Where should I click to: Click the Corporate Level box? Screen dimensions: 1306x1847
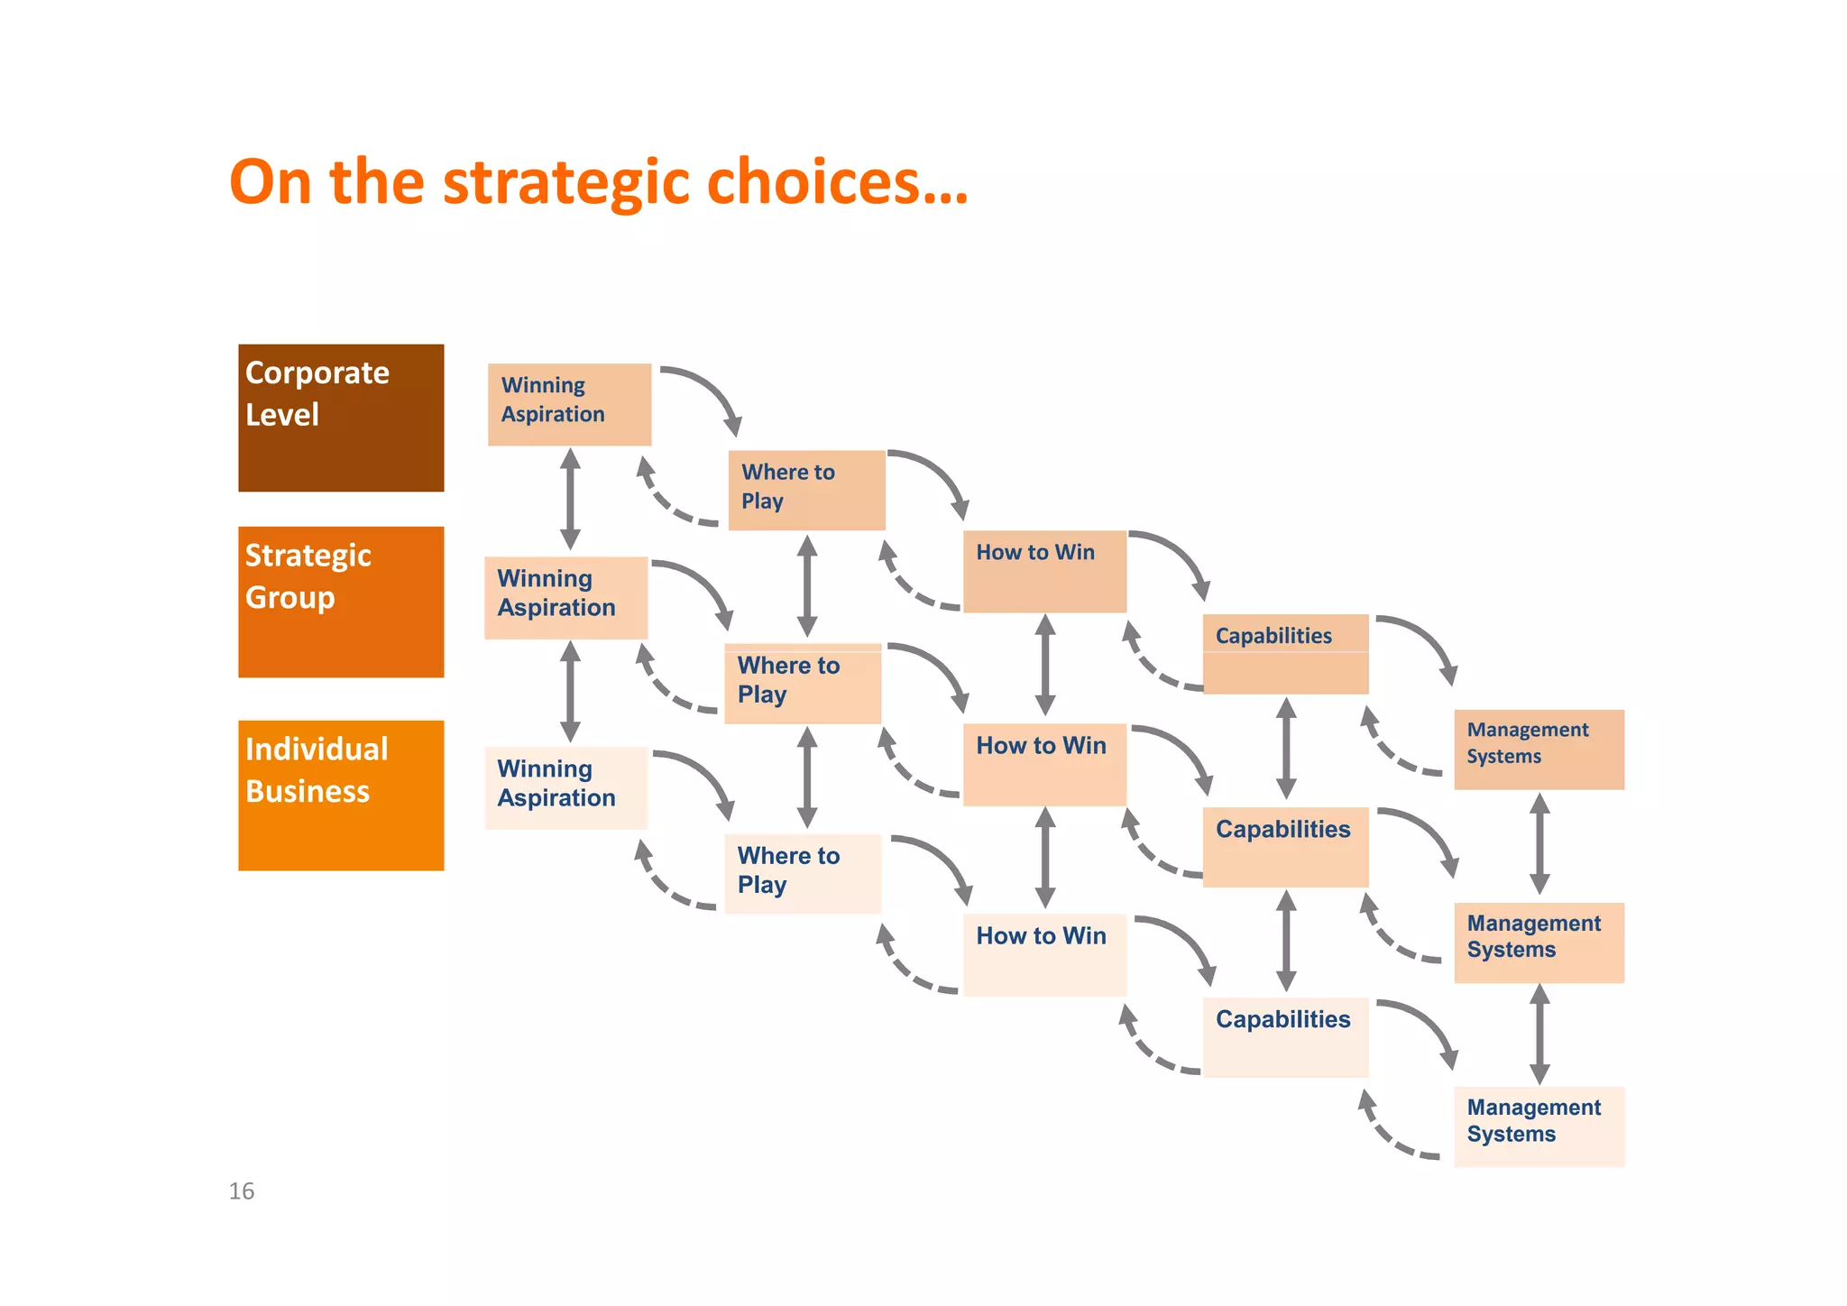point(341,418)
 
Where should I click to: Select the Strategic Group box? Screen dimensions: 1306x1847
point(341,602)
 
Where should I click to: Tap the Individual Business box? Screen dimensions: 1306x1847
point(341,795)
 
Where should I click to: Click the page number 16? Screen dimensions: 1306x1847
point(241,1191)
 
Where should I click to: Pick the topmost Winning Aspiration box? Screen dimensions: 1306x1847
point(569,404)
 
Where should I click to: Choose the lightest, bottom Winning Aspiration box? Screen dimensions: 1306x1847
point(565,787)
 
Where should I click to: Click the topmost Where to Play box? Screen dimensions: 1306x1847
point(806,490)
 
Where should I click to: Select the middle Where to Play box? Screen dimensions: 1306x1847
point(803,683)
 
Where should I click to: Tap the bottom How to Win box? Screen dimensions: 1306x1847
point(1044,954)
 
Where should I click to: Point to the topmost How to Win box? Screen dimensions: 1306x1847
point(1044,571)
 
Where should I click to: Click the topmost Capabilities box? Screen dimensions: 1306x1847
point(1285,654)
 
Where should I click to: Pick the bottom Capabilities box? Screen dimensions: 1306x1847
point(1285,1037)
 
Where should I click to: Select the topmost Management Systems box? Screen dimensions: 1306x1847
point(1539,750)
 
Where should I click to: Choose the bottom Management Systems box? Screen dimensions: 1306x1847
point(1539,1127)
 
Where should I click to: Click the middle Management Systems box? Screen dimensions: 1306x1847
point(1539,943)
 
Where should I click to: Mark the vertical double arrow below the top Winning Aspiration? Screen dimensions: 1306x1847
point(570,499)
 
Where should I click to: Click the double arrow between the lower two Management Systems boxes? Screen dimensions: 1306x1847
point(1540,1034)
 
